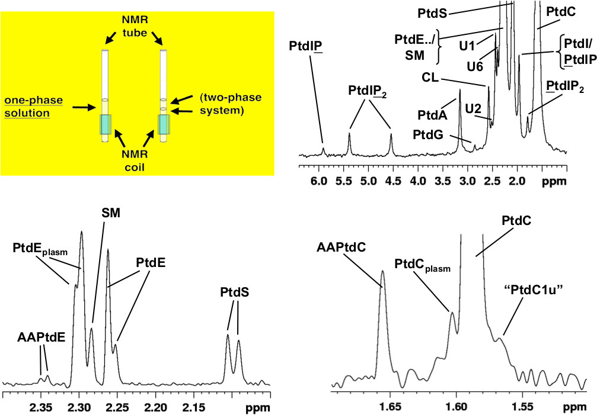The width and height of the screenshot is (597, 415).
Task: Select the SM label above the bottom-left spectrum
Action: coord(110,213)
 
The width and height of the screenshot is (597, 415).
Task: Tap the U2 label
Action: coord(473,108)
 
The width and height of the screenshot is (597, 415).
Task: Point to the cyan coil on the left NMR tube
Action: coord(105,124)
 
